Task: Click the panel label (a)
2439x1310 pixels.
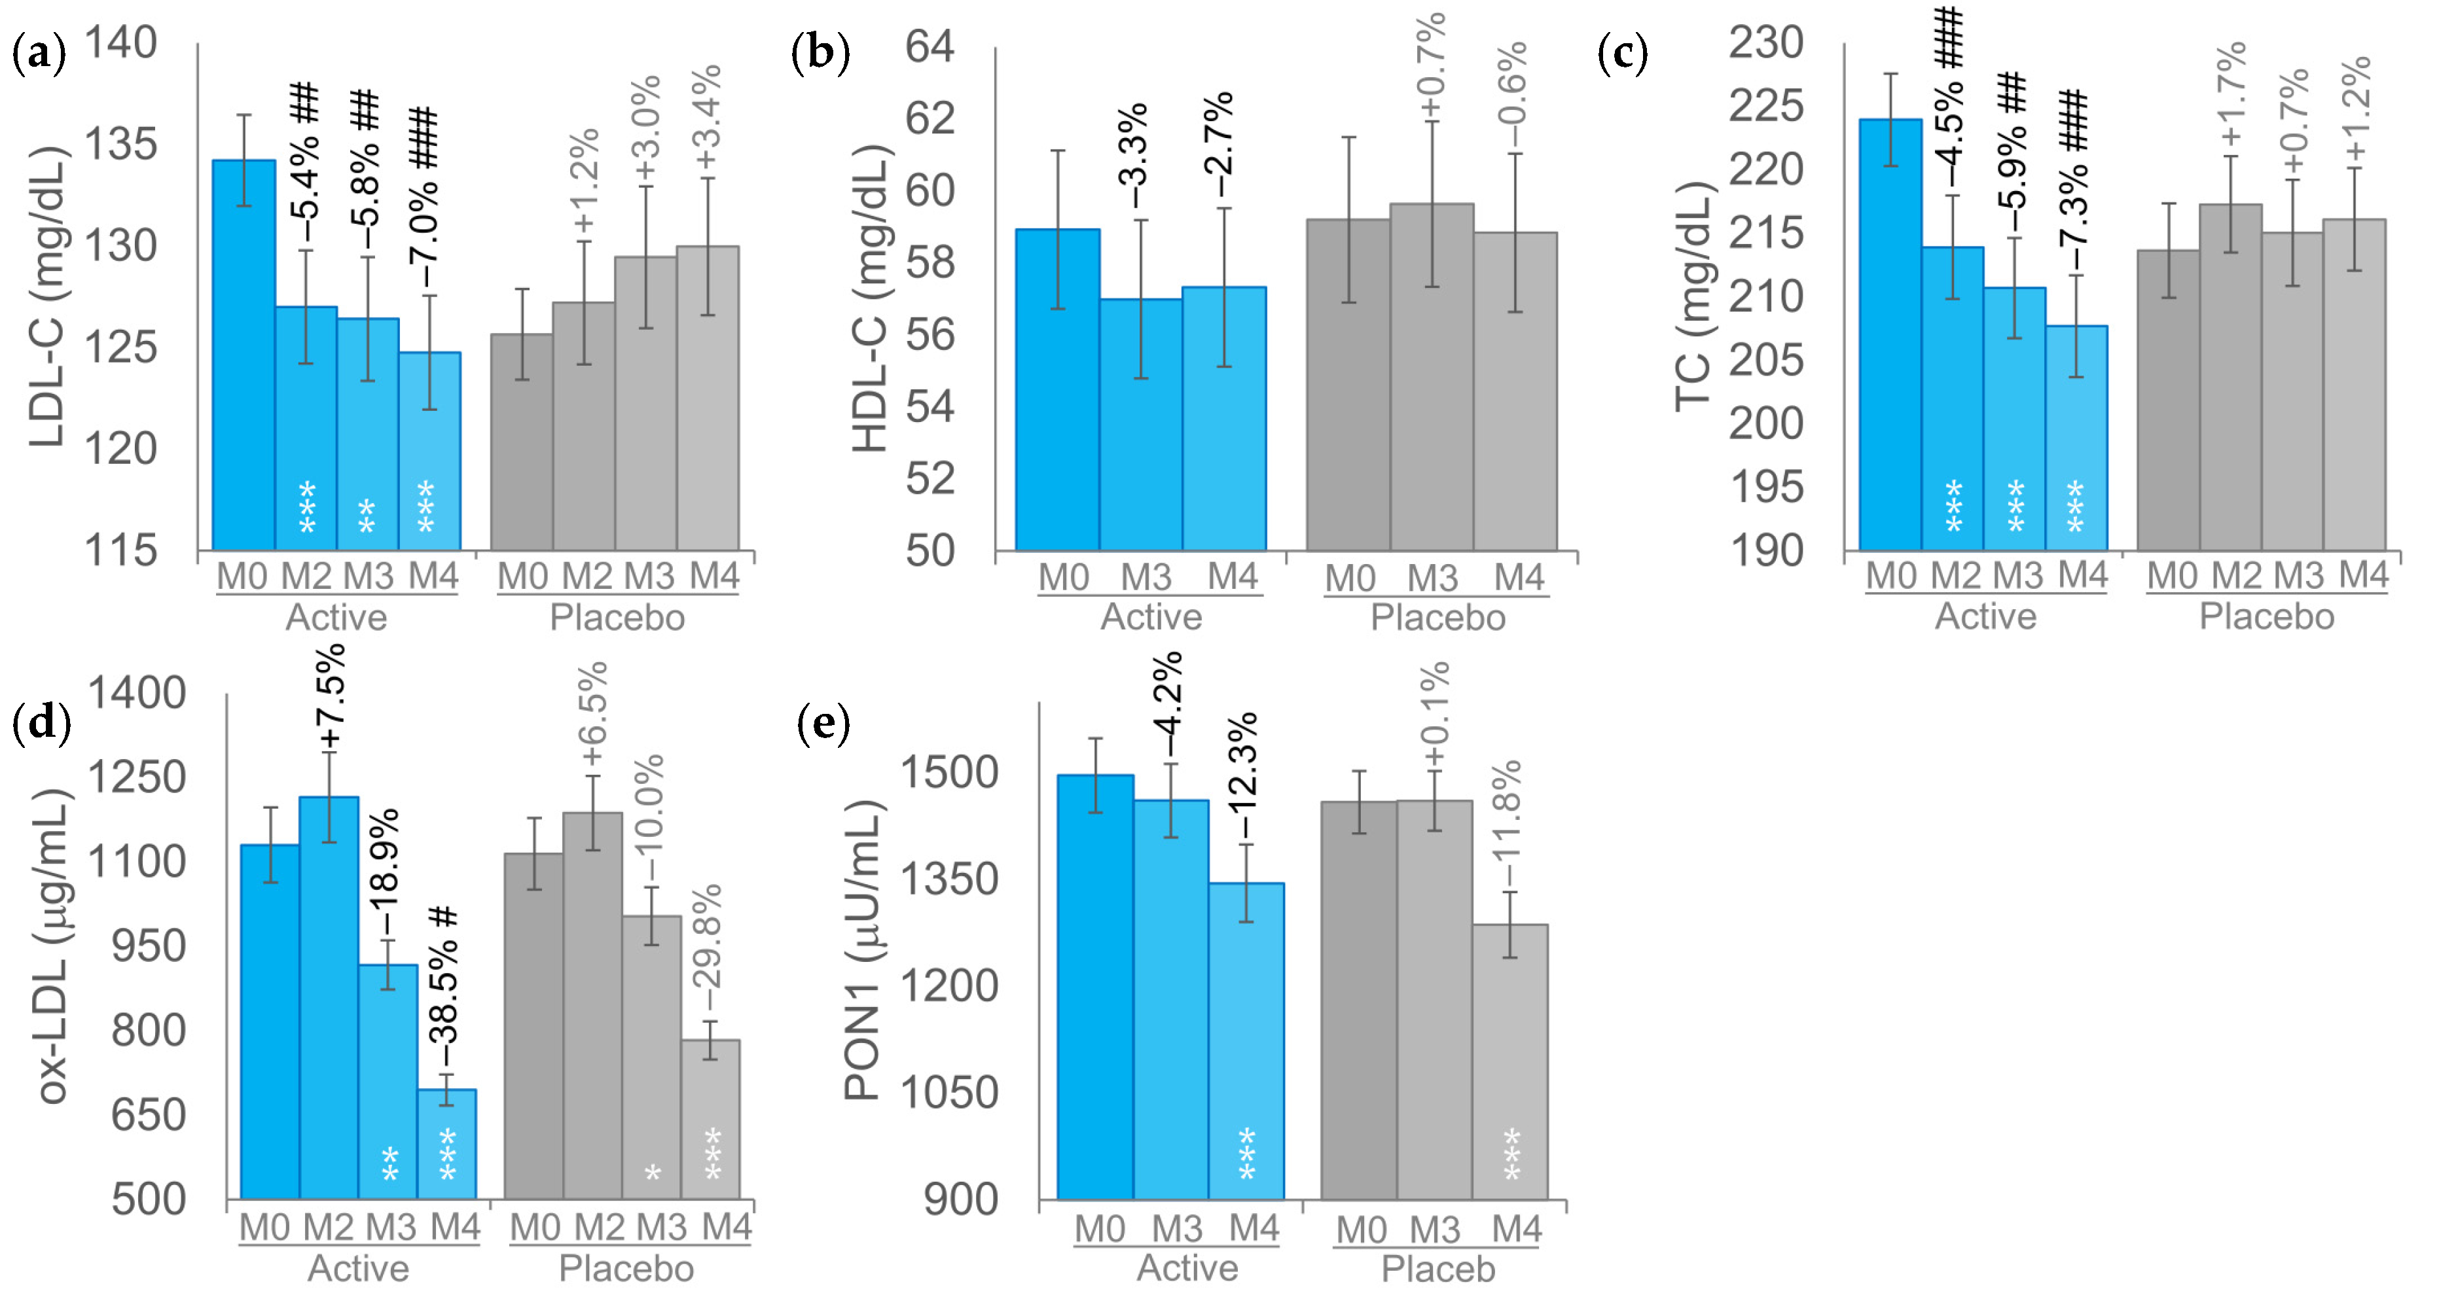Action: (39, 53)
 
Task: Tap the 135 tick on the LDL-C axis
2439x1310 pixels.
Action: (120, 145)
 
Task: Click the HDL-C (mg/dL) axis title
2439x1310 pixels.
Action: (869, 299)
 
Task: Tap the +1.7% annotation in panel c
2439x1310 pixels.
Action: (2231, 95)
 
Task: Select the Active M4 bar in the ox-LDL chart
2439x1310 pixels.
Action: (447, 1144)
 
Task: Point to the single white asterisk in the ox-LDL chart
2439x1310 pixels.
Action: (653, 1175)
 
